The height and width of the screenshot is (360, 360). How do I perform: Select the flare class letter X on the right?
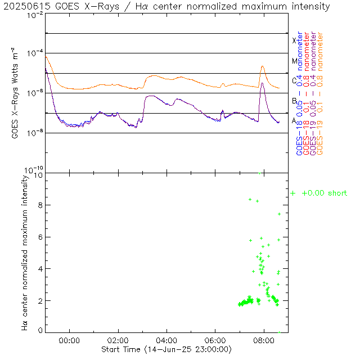(294, 40)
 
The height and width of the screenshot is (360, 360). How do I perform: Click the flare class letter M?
(294, 61)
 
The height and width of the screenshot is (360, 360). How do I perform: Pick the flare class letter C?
(294, 80)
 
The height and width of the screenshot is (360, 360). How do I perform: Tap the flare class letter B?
(294, 101)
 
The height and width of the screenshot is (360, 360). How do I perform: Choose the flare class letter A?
(294, 120)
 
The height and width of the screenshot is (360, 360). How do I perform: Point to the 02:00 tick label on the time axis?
(119, 341)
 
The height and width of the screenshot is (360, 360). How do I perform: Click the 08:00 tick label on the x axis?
(263, 341)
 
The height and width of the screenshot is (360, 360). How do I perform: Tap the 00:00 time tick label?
(70, 341)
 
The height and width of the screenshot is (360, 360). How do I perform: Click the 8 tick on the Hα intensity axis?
(39, 206)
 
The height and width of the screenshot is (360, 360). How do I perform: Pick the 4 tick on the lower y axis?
(39, 269)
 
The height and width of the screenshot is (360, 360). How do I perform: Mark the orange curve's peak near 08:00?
(262, 66)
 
